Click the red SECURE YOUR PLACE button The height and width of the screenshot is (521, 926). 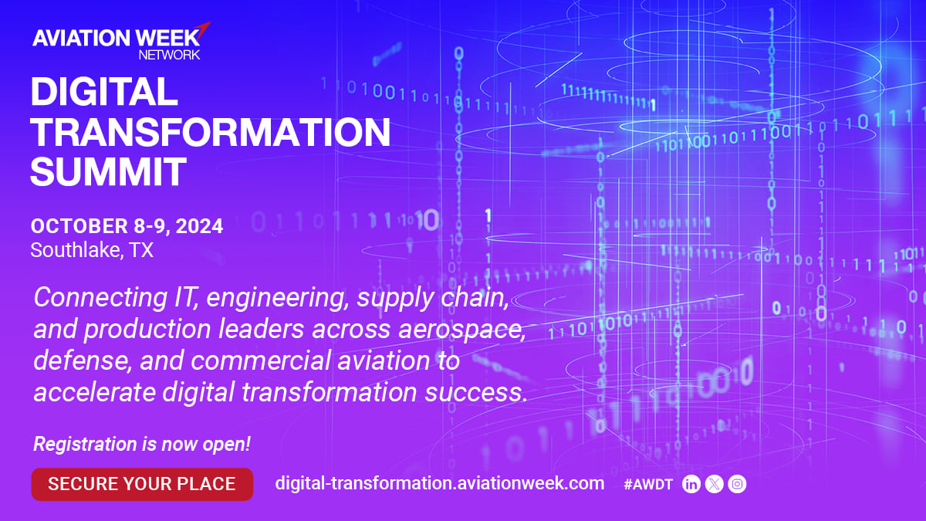click(142, 484)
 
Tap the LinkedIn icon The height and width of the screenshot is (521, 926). click(691, 484)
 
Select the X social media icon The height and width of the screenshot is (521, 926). click(715, 484)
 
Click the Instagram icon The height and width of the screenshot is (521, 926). click(737, 484)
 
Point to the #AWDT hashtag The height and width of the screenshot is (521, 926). click(648, 484)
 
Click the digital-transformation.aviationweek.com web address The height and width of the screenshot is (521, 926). click(440, 483)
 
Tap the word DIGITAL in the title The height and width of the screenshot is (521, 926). click(104, 91)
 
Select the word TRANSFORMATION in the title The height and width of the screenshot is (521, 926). click(211, 132)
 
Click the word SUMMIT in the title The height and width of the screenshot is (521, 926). click(109, 171)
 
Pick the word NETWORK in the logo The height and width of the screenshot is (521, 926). click(169, 55)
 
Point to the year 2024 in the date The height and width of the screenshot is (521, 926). click(199, 226)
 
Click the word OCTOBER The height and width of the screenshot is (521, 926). click(79, 226)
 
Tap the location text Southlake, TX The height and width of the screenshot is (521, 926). click(92, 250)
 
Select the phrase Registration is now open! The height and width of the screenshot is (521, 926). click(142, 444)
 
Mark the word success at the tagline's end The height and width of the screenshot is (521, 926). click(476, 392)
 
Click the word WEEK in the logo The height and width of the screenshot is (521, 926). click(168, 38)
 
